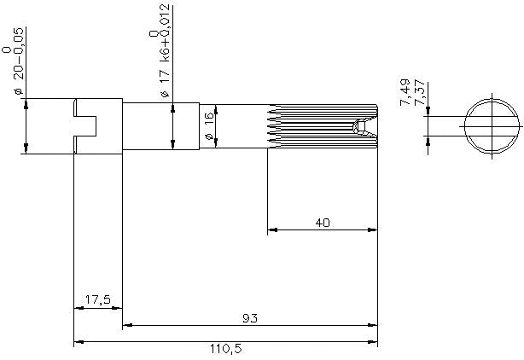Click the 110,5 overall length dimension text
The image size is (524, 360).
coord(226,349)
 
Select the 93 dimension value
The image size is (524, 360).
coord(250,318)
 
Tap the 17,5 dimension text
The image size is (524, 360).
coord(97,299)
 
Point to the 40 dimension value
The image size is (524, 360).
coord(323,223)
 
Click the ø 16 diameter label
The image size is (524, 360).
coord(208,126)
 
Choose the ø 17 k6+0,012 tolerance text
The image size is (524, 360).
coord(165,51)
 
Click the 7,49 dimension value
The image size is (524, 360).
coord(405,92)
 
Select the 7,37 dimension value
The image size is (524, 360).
coord(419,93)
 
